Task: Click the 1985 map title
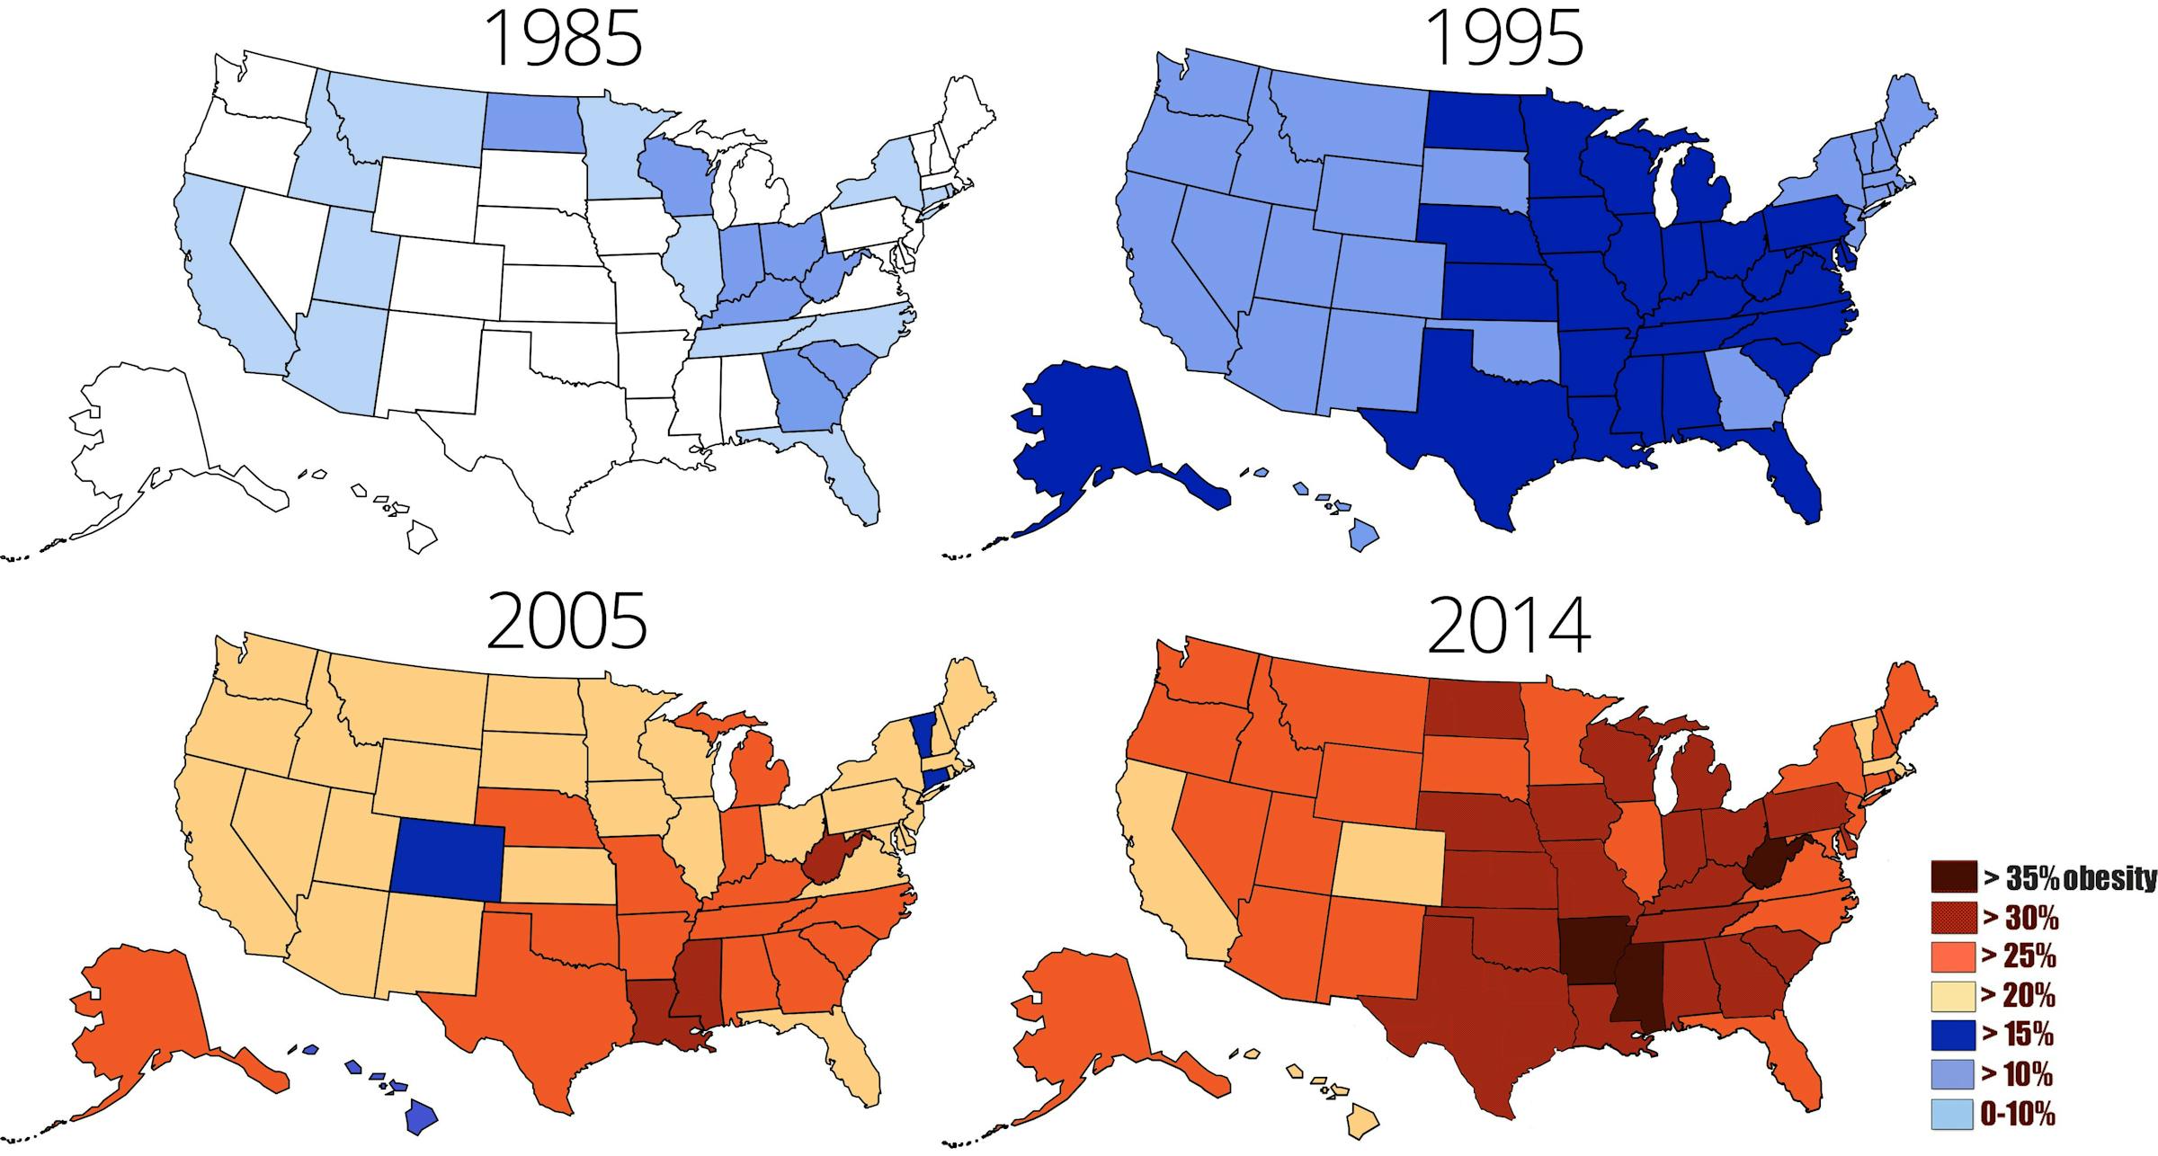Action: pos(564,40)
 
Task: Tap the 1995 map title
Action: pos(1504,40)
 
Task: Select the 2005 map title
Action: pos(566,621)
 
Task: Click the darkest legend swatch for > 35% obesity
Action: pos(1953,877)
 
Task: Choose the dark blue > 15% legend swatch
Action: pos(1953,1036)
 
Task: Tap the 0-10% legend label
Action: pos(2018,1115)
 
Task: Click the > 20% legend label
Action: pos(2019,996)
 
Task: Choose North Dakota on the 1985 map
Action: pos(531,123)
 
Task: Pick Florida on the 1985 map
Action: pos(850,476)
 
